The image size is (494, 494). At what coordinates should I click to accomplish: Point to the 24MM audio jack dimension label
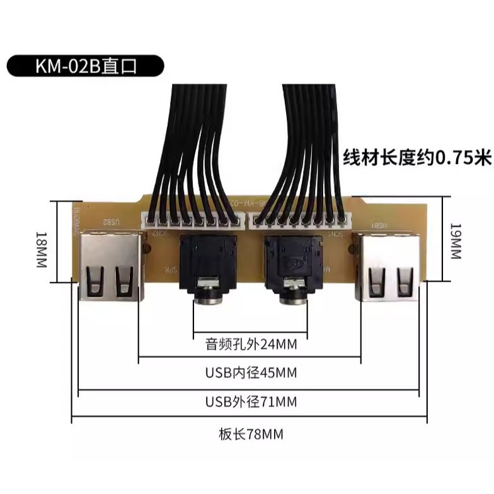click(251, 345)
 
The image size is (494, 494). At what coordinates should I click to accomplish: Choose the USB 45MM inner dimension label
click(251, 373)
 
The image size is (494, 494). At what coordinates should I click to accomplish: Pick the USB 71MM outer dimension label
click(251, 401)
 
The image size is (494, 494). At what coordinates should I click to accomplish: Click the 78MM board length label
click(250, 434)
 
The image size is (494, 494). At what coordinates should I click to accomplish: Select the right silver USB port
click(386, 267)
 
